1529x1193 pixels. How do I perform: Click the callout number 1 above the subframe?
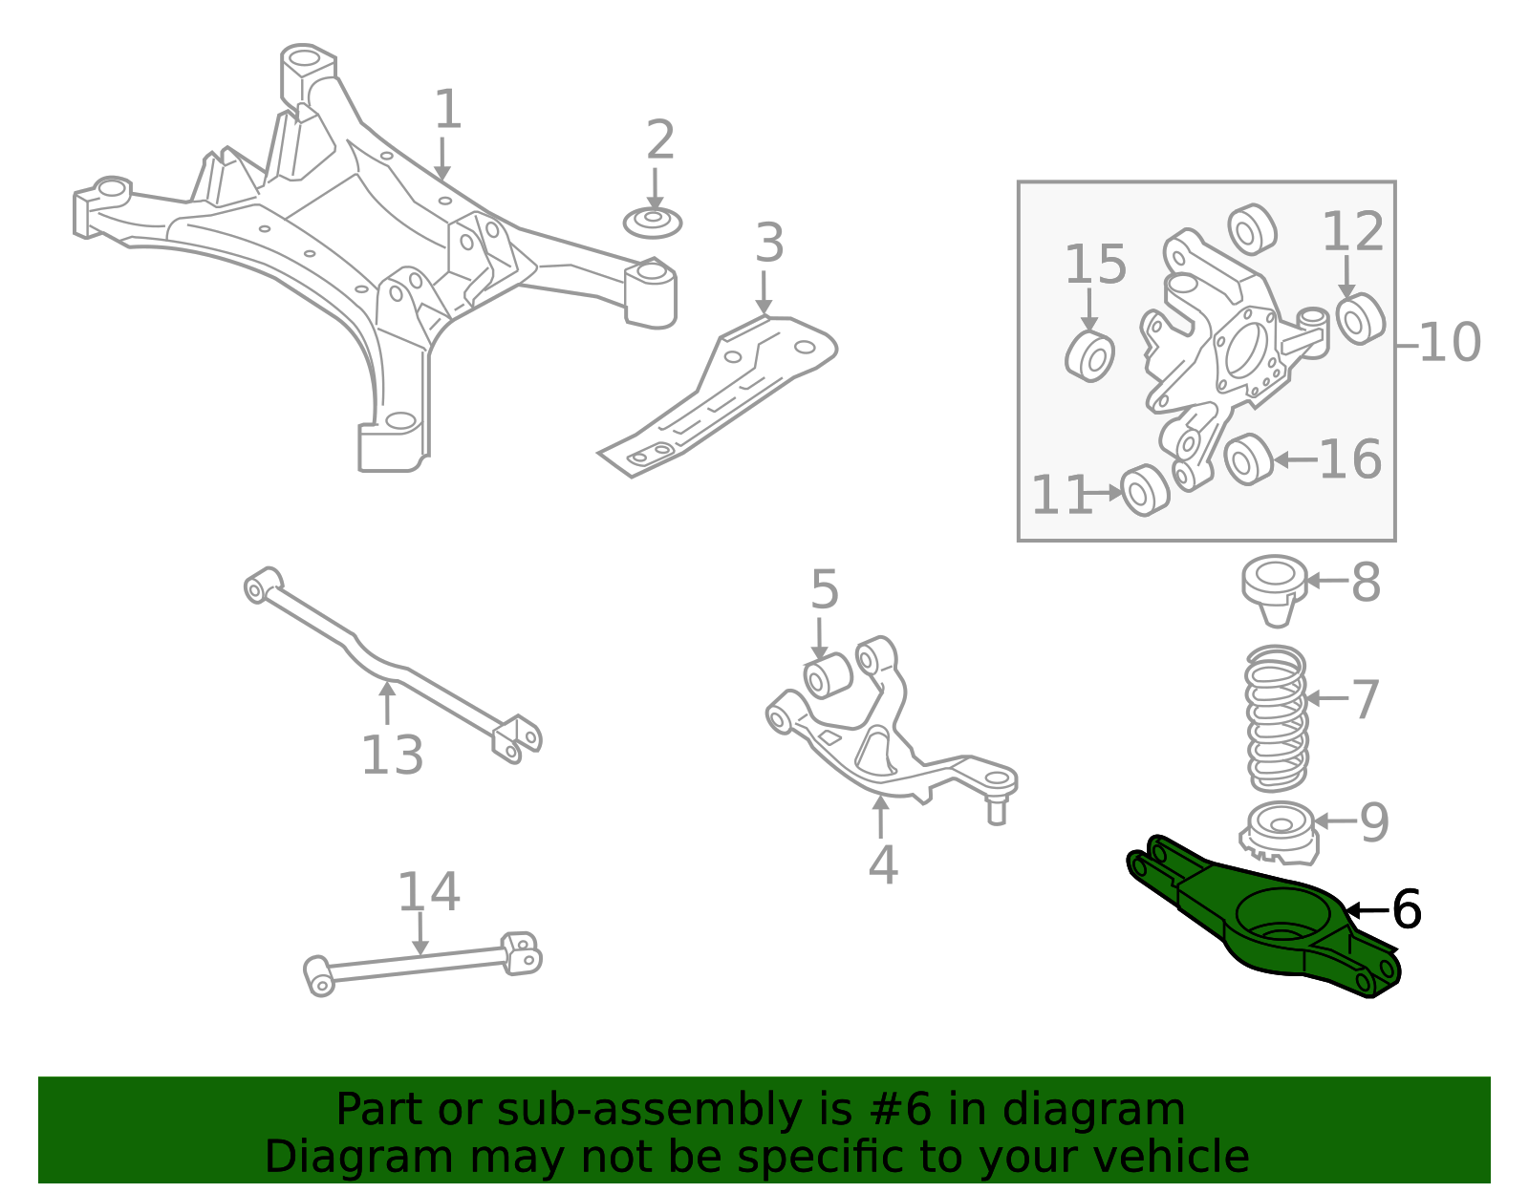pyautogui.click(x=447, y=110)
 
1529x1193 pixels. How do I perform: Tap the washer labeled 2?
pyautogui.click(x=653, y=223)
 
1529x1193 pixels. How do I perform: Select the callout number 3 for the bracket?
pyautogui.click(x=769, y=244)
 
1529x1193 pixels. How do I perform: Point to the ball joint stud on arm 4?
pyautogui.click(x=997, y=808)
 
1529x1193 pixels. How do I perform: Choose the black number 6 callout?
pyautogui.click(x=1407, y=909)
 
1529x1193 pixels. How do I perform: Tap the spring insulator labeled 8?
pyautogui.click(x=1276, y=588)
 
